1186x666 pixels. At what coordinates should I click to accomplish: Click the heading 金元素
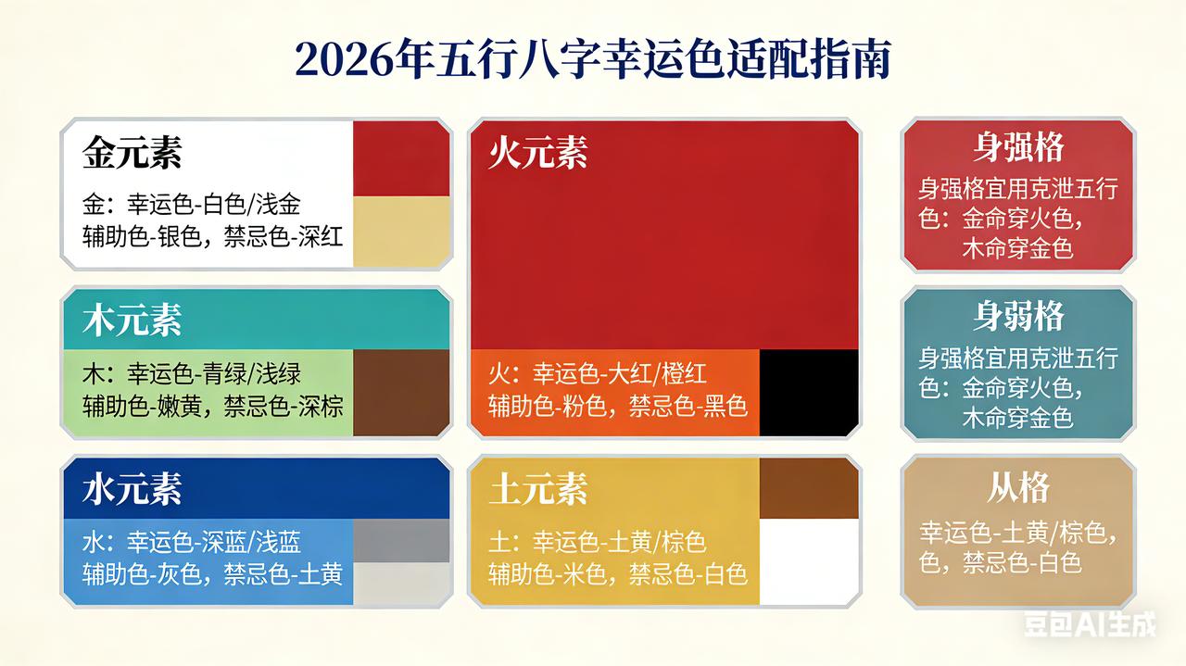point(132,153)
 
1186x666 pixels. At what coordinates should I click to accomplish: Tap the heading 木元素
point(132,320)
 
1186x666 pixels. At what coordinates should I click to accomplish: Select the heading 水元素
point(132,489)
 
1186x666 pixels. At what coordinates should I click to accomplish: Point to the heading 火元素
point(538,153)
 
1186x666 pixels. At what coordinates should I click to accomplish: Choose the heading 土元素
point(538,489)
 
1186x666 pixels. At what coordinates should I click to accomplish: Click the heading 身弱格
point(1018,317)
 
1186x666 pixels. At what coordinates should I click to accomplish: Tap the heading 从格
point(1018,487)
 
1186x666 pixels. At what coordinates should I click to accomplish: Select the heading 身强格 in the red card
point(1018,147)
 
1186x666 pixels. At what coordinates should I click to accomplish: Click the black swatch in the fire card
point(808,393)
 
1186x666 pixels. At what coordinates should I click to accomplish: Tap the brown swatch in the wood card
point(401,393)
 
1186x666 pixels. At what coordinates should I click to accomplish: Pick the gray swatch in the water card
point(401,541)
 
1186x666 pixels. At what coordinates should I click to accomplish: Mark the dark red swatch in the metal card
point(401,157)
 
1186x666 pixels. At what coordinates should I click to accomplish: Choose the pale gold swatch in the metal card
point(401,232)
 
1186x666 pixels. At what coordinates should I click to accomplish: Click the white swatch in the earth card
point(808,561)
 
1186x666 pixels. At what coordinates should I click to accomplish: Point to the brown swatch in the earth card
point(808,488)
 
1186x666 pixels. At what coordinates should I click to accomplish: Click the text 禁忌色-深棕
point(283,406)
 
